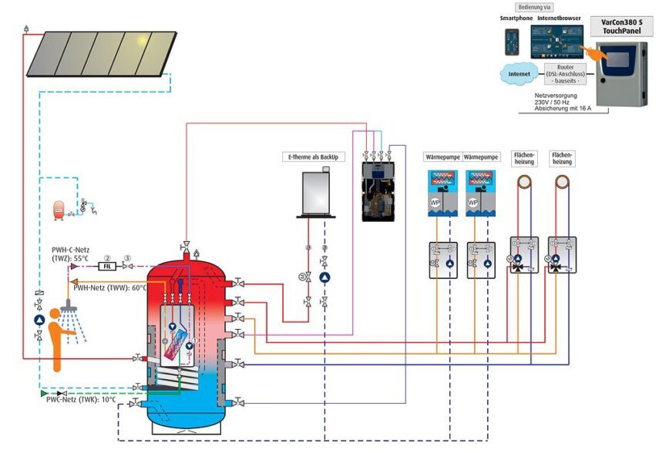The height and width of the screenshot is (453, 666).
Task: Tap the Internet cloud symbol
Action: click(x=516, y=75)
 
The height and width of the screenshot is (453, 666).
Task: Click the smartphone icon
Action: click(x=509, y=41)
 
